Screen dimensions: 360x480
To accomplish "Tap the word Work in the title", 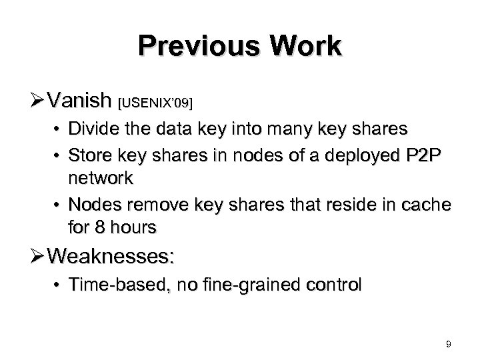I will pos(306,47).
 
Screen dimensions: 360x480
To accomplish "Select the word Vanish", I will pos(81,101).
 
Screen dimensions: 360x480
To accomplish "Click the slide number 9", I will pos(449,344).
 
